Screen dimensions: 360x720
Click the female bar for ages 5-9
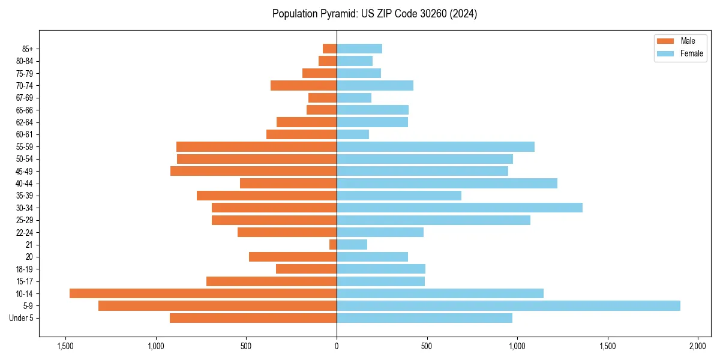click(508, 306)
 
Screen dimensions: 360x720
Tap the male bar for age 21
click(333, 245)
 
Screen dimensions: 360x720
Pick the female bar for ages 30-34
click(459, 208)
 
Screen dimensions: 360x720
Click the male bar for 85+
click(329, 49)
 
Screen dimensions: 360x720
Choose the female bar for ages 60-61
click(353, 134)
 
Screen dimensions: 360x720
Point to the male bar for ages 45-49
click(253, 171)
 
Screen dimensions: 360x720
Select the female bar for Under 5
click(424, 318)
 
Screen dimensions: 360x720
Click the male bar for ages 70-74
click(304, 85)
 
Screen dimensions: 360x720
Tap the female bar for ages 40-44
click(447, 183)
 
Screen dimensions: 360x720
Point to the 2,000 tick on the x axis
click(698, 346)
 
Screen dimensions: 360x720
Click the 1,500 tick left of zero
click(65, 346)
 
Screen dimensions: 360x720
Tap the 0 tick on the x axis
click(337, 346)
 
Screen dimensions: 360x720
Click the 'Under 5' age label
click(22, 318)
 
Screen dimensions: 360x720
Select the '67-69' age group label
click(25, 98)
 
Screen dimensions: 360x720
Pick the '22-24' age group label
click(25, 232)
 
